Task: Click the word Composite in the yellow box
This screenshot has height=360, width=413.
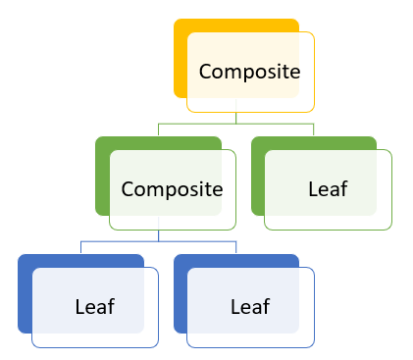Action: pyautogui.click(x=249, y=72)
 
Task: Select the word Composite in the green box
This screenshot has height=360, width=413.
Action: pyautogui.click(x=172, y=188)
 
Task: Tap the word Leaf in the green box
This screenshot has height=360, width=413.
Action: pyautogui.click(x=328, y=188)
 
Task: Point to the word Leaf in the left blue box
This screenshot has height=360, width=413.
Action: pyautogui.click(x=94, y=306)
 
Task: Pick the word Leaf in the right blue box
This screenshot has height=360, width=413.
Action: pyautogui.click(x=249, y=306)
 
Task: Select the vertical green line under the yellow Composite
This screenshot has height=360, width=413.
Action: pyautogui.click(x=236, y=118)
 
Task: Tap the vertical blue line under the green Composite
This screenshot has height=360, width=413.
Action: pyautogui.click(x=159, y=235)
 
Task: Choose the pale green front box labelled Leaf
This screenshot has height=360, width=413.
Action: pyautogui.click(x=363, y=211)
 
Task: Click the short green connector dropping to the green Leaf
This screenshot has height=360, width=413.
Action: pyautogui.click(x=313, y=130)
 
